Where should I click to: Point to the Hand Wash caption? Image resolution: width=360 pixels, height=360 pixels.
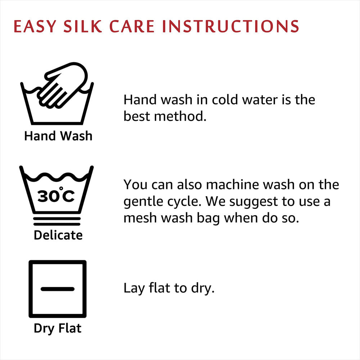tap(58, 136)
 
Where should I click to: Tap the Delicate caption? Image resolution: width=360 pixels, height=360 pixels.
tap(58, 235)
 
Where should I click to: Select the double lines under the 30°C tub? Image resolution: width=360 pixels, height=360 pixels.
tap(57, 220)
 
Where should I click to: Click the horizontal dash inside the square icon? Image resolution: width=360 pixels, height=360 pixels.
tap(58, 289)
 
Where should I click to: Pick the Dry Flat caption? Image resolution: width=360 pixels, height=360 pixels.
tap(58, 328)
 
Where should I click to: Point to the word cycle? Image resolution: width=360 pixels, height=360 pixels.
tap(185, 202)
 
